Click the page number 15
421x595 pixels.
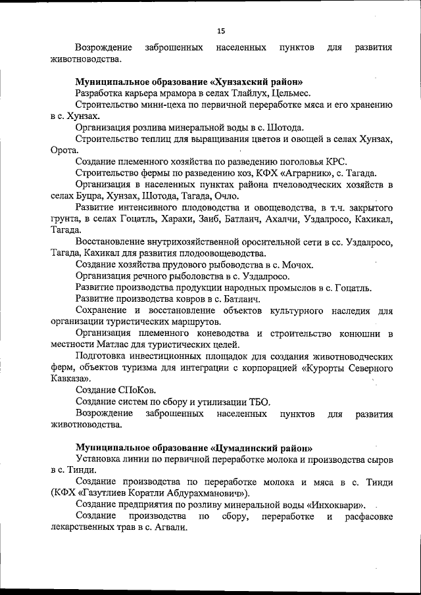click(x=221, y=30)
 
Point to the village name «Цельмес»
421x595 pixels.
click(x=299, y=93)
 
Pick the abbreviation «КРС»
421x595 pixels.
click(x=335, y=162)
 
